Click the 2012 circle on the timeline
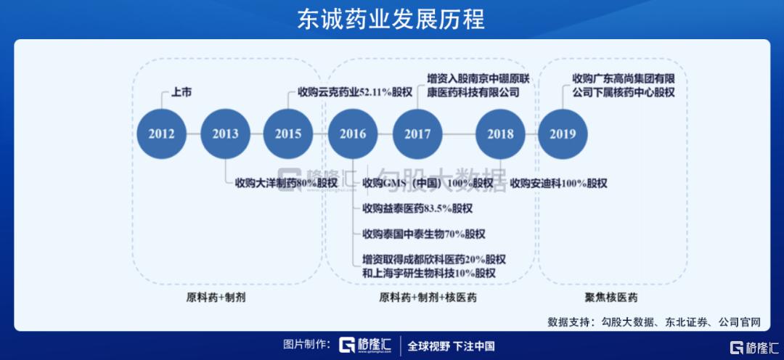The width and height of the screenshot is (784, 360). [x=161, y=134]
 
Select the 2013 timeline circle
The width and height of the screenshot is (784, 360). [x=225, y=134]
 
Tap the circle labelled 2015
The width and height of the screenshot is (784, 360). [x=288, y=134]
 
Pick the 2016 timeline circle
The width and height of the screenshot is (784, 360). [x=353, y=134]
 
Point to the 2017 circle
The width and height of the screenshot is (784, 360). [x=417, y=134]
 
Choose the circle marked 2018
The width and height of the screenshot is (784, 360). [x=500, y=134]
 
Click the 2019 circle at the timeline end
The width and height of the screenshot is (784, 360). [x=563, y=134]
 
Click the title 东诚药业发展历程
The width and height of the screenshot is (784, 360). [x=391, y=20]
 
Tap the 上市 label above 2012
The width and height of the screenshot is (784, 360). [x=181, y=93]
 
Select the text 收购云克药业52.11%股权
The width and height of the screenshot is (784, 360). [x=355, y=93]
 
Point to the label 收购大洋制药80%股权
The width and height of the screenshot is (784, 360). [x=286, y=183]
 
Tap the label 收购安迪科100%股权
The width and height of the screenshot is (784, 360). [x=558, y=183]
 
